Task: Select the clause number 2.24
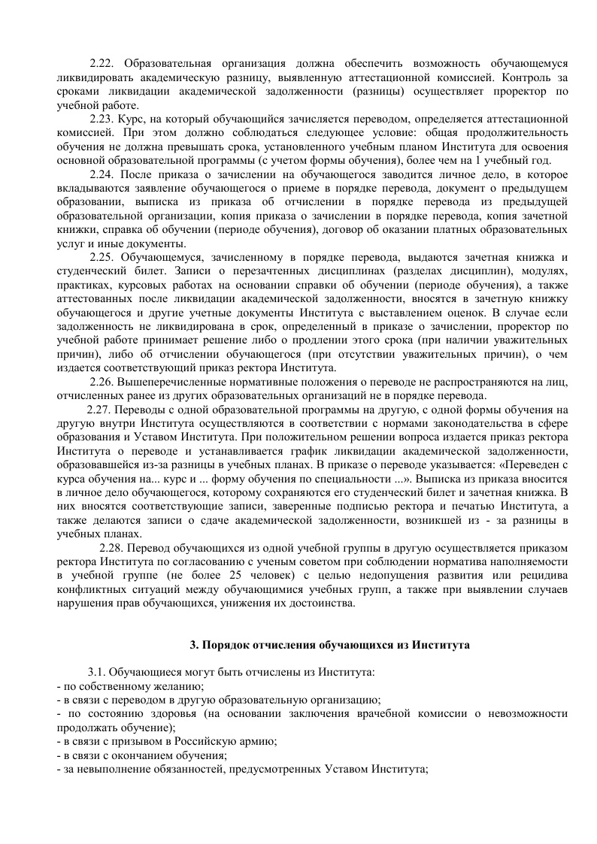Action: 102,175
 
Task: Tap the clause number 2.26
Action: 103,383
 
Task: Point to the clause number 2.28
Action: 114,548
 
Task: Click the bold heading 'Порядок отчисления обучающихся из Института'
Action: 335,644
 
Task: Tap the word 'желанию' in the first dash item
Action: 177,685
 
